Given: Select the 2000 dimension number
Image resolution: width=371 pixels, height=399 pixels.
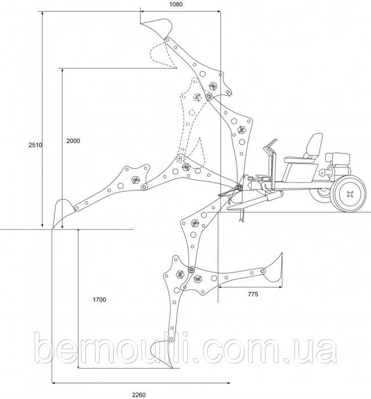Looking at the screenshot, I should (x=73, y=142).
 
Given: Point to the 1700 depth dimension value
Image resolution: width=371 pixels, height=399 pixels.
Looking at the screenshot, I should (x=100, y=300).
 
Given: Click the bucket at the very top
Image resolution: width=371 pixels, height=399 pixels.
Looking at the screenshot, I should (x=158, y=27).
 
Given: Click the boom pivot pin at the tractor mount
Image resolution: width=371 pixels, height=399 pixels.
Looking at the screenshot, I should (x=238, y=187).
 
